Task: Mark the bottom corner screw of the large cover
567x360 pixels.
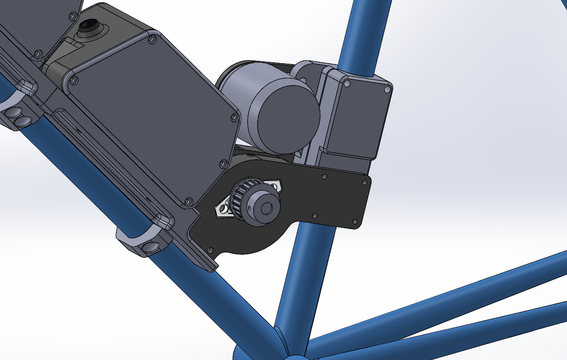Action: click(x=188, y=201)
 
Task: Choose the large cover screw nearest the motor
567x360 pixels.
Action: click(x=234, y=118)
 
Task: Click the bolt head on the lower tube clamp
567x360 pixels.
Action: click(x=149, y=247)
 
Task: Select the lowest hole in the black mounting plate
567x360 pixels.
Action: click(x=210, y=250)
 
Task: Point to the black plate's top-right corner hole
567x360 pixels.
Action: click(x=365, y=182)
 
